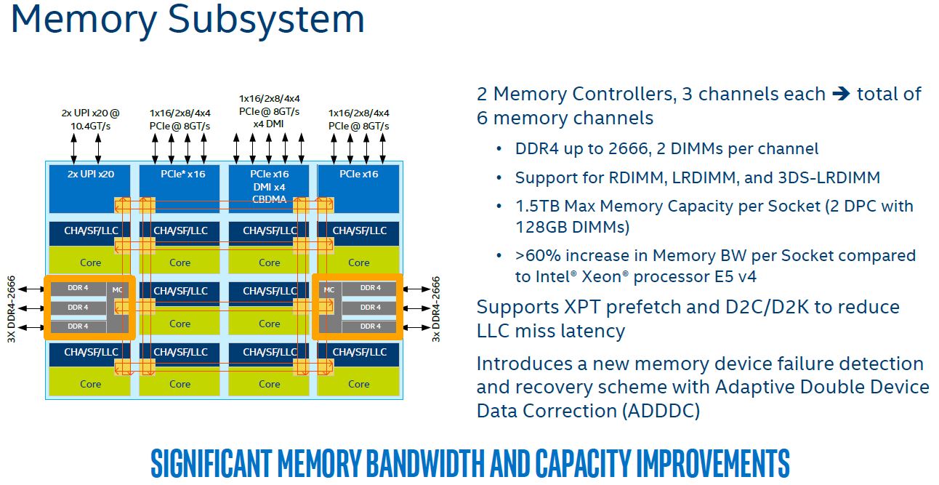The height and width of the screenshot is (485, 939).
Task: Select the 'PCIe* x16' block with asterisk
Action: pos(180,175)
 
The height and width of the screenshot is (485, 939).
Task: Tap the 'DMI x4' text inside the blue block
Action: pos(270,188)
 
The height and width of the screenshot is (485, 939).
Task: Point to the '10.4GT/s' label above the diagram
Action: pos(90,126)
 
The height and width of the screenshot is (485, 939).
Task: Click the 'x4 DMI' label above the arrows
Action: pos(269,124)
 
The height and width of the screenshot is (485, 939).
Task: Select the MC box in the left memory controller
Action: pos(118,290)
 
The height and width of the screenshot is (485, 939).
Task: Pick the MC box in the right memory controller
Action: pos(329,290)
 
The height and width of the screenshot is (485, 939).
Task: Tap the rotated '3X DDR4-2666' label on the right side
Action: pos(437,308)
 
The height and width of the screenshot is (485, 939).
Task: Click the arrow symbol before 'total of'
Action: pos(841,95)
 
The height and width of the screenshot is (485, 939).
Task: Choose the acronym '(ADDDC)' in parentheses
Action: pos(660,411)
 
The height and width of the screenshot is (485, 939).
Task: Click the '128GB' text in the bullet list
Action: pos(540,228)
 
